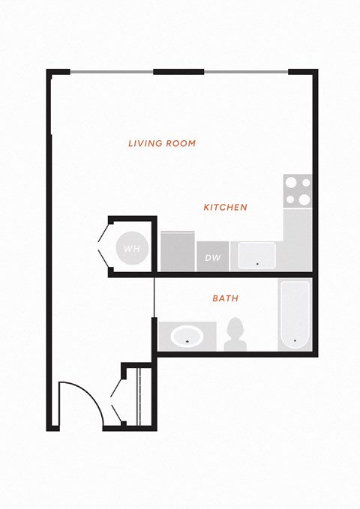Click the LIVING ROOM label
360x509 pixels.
[162, 143]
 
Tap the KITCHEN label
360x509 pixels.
[225, 207]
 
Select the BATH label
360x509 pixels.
[225, 298]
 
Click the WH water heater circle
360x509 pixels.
[132, 248]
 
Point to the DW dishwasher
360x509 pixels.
[213, 256]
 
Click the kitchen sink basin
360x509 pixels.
[257, 256]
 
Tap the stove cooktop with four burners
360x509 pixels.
[298, 191]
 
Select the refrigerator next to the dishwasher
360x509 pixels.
[178, 251]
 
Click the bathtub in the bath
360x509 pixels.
[295, 315]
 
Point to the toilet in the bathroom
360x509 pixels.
[235, 334]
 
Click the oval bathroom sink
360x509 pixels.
[187, 337]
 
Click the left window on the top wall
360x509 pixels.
[112, 72]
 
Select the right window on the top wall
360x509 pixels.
[246, 72]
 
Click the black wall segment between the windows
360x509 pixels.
[178, 72]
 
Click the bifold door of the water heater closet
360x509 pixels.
[103, 247]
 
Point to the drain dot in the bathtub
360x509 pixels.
[295, 340]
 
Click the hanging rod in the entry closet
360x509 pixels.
[139, 397]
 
